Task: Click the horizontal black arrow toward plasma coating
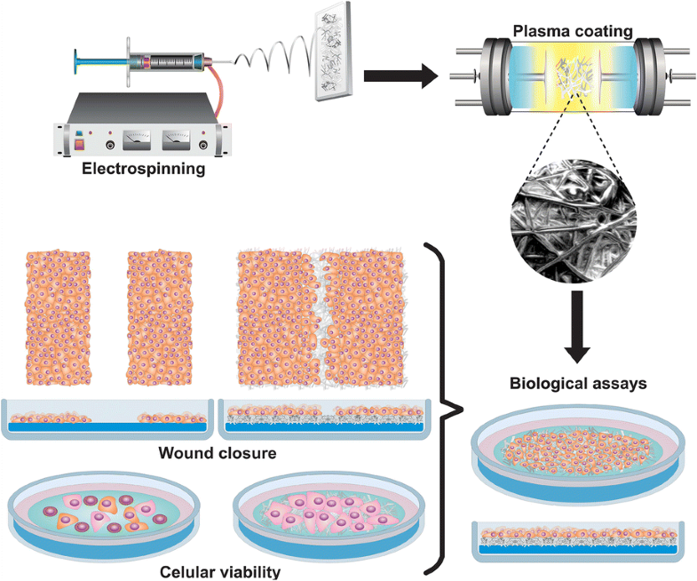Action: point(400,76)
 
